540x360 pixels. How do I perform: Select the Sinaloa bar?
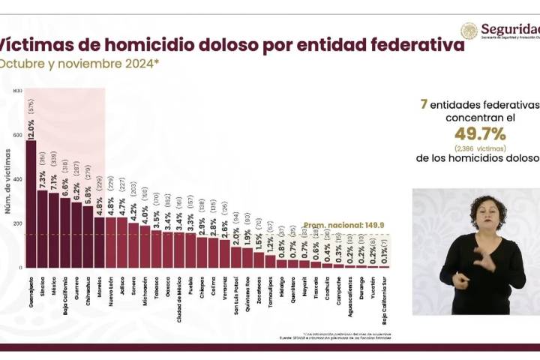tap(42, 229)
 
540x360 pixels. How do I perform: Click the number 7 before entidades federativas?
tap(424, 103)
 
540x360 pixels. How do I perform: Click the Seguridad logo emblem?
tap(469, 31)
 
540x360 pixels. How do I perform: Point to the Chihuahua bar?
tap(88, 237)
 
